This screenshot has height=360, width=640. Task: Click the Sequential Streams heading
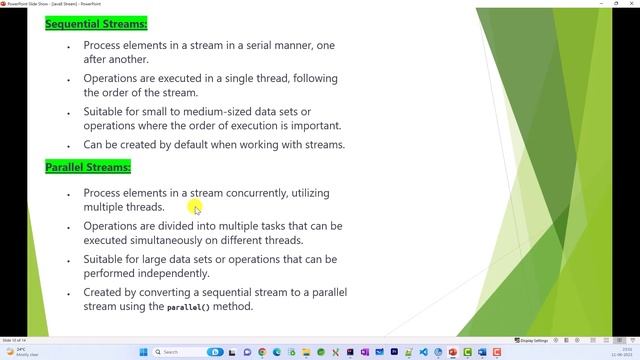point(96,23)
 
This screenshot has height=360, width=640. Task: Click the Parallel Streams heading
point(88,167)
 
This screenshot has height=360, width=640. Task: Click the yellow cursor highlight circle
point(196,208)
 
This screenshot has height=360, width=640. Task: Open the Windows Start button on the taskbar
point(143,352)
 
